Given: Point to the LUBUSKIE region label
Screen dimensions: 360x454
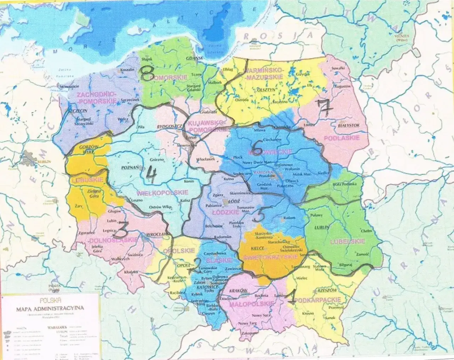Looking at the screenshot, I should pos(87,180).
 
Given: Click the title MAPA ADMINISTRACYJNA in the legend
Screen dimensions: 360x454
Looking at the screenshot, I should pos(50,308).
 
